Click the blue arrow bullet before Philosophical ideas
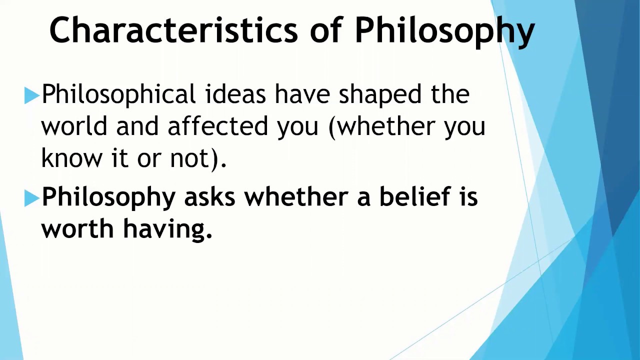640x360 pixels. click(x=31, y=95)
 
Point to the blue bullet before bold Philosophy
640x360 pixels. click(x=31, y=198)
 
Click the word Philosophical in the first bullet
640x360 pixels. click(x=118, y=94)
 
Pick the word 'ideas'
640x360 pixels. click(x=235, y=94)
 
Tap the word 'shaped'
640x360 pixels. click(x=379, y=94)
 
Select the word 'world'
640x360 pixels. click(x=74, y=126)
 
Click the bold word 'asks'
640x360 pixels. click(x=209, y=197)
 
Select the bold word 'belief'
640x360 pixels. click(x=414, y=197)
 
